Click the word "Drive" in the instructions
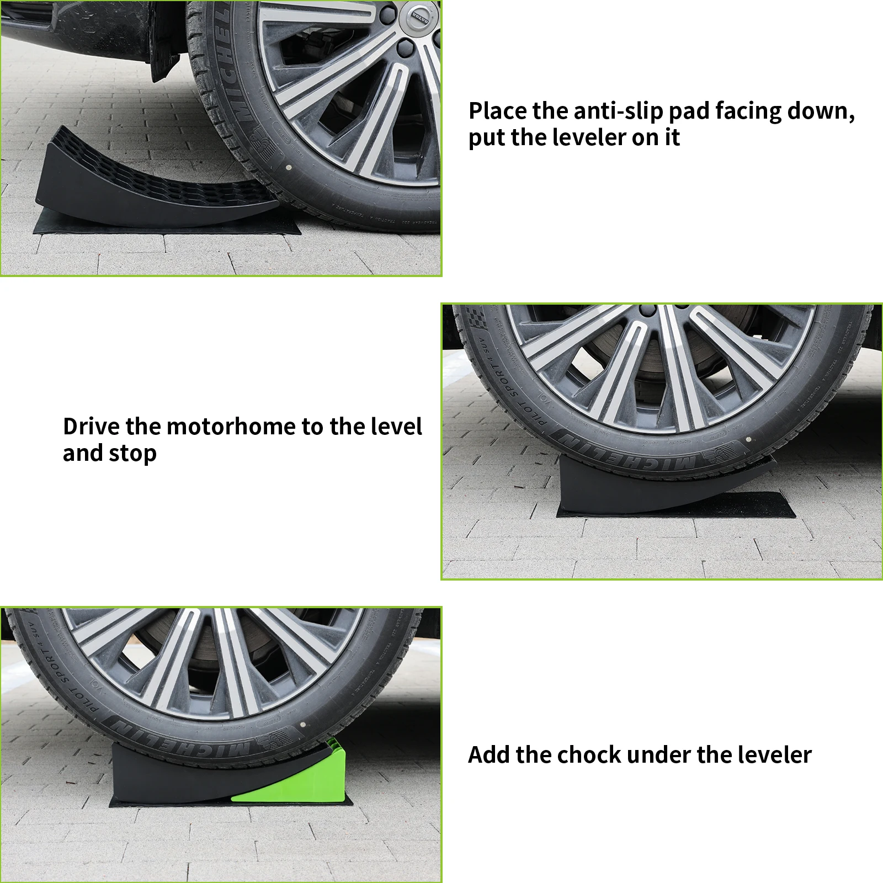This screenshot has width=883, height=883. [x=91, y=427]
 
